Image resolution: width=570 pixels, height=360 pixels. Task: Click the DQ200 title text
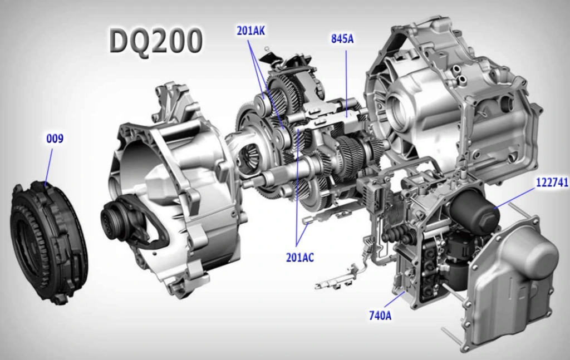pos(156,41)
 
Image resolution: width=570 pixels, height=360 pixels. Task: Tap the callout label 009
pos(55,139)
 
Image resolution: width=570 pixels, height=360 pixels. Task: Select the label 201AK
pos(251,31)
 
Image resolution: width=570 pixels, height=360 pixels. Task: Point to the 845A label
pos(342,38)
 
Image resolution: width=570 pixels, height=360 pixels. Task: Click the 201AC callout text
pos(300,258)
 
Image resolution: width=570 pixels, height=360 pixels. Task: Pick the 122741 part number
pos(552,183)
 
